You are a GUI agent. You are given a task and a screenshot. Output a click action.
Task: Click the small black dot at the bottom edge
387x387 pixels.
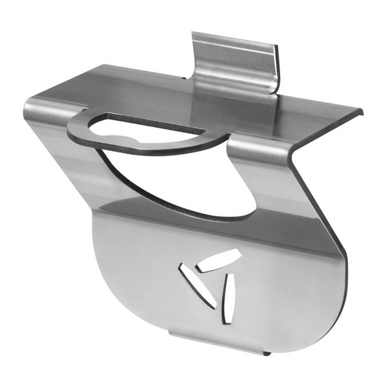point(267,353)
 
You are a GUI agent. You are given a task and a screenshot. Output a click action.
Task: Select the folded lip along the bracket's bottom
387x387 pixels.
point(217,345)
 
